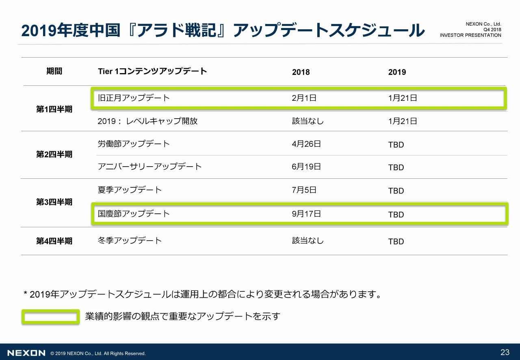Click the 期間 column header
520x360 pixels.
tap(54, 72)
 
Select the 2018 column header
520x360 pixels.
tap(301, 72)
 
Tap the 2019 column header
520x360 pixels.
tap(397, 72)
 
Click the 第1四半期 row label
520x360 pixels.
tap(54, 109)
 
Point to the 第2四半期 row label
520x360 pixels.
tap(54, 154)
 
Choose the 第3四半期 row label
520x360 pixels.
tap(54, 202)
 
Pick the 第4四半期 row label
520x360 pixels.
tap(54, 241)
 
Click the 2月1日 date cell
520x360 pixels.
tap(304, 98)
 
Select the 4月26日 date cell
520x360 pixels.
tap(306, 144)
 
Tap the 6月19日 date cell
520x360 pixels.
tap(306, 167)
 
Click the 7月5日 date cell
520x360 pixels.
tap(304, 190)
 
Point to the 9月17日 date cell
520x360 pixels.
tap(306, 213)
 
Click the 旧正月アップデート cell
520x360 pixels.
tap(134, 98)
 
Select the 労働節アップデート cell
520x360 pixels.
tap(134, 144)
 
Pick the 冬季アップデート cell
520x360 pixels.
tap(130, 241)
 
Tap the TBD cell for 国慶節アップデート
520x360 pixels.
tap(396, 215)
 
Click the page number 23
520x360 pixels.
tap(505, 352)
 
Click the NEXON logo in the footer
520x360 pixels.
tap(26, 353)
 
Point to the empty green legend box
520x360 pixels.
tap(50, 317)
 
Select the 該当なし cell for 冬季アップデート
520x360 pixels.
tap(308, 241)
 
